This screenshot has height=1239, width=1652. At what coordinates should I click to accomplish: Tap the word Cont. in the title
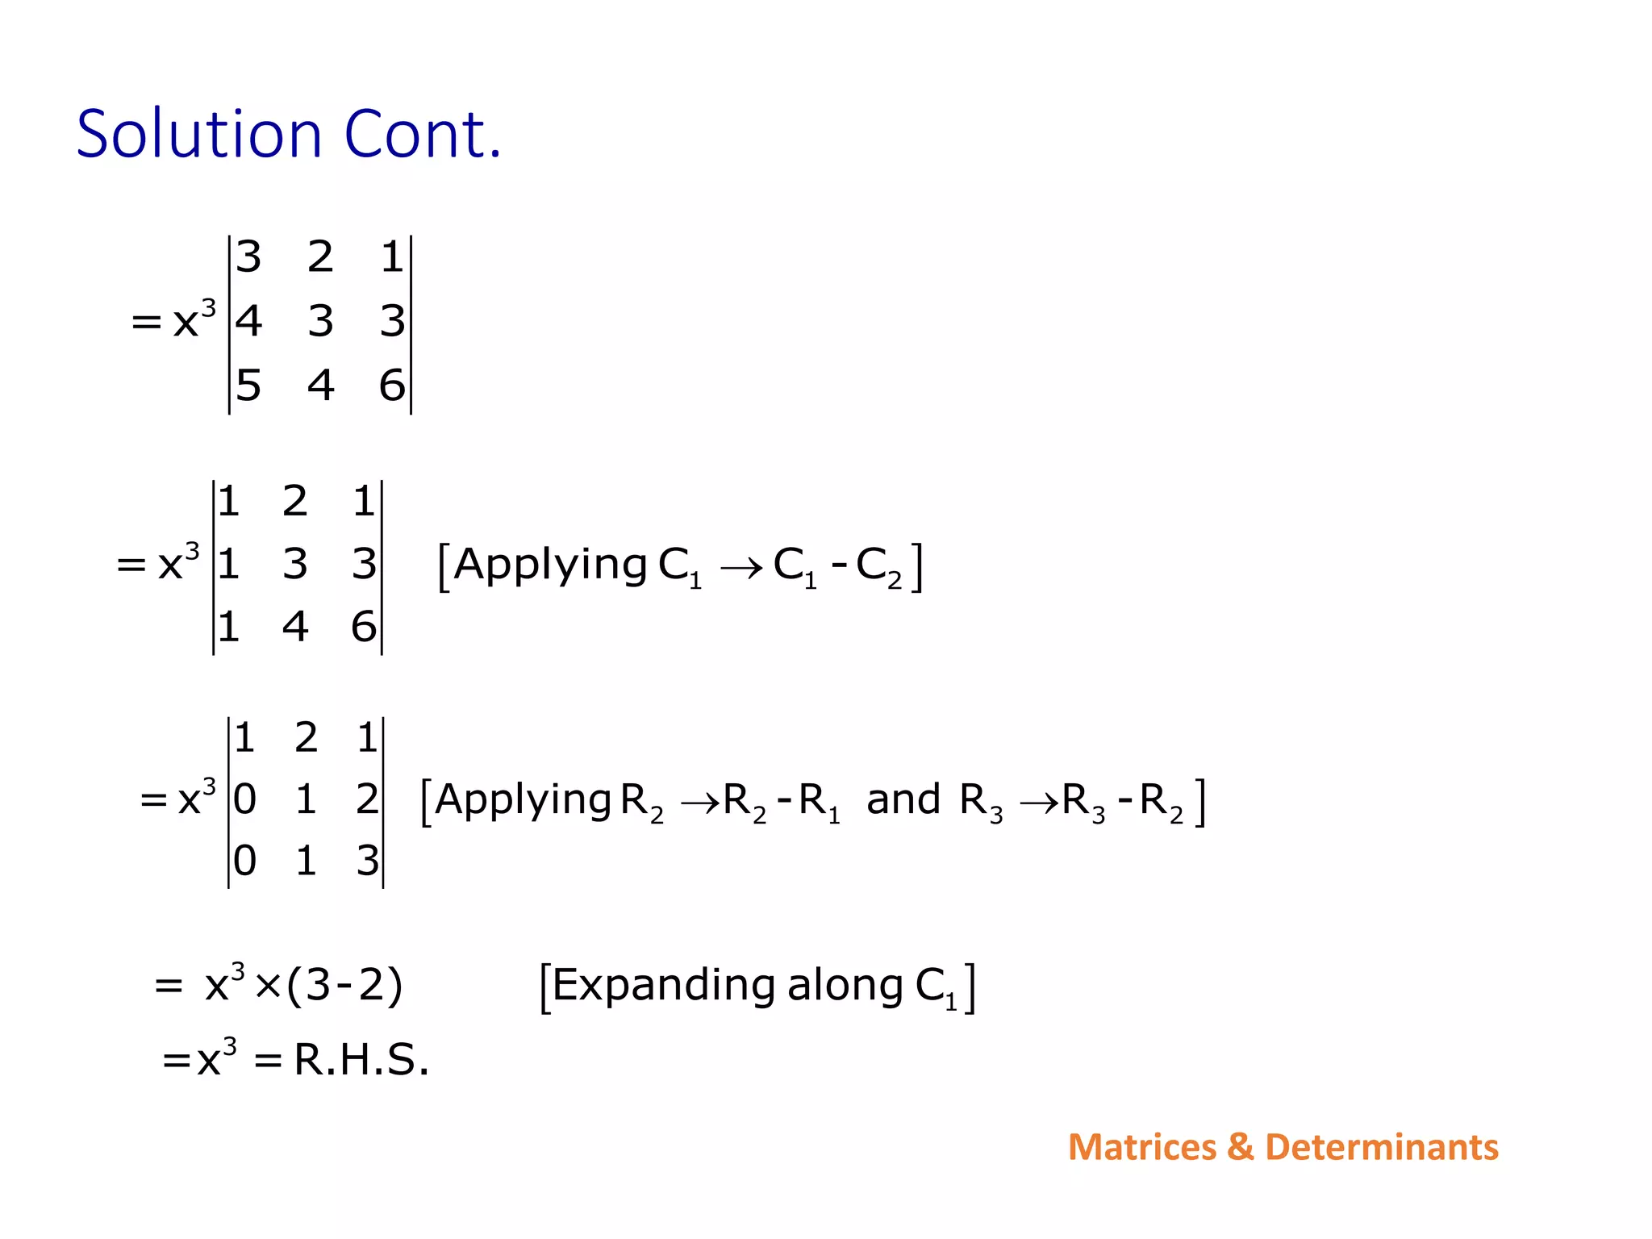click(423, 134)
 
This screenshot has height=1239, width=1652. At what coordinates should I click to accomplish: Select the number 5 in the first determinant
click(248, 385)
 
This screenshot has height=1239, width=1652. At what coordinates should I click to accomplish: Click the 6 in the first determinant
click(392, 385)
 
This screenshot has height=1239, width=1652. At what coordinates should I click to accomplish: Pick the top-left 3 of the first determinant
click(248, 257)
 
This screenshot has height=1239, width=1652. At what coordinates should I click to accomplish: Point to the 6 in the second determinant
click(364, 626)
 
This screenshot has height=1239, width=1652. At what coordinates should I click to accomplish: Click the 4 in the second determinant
click(295, 626)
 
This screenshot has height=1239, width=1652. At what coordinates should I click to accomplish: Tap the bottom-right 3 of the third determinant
click(367, 861)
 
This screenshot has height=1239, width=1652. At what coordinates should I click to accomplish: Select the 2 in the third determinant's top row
click(306, 737)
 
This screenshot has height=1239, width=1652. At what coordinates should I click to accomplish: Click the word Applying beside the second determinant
click(550, 565)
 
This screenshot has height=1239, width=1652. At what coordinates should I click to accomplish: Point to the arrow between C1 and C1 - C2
click(740, 569)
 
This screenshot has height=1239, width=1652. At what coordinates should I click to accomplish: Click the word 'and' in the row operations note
click(903, 799)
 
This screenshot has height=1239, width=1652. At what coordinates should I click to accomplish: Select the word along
click(845, 986)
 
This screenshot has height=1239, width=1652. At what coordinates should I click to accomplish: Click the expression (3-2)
click(344, 986)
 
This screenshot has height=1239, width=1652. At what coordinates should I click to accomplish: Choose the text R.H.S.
click(361, 1059)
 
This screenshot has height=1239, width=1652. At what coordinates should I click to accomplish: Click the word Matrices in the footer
click(1141, 1147)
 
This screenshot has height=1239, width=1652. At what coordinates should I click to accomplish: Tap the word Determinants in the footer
click(1381, 1147)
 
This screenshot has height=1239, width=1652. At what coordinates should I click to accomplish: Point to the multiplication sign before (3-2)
click(267, 987)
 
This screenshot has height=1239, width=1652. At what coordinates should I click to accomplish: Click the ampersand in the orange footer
click(1240, 1147)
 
